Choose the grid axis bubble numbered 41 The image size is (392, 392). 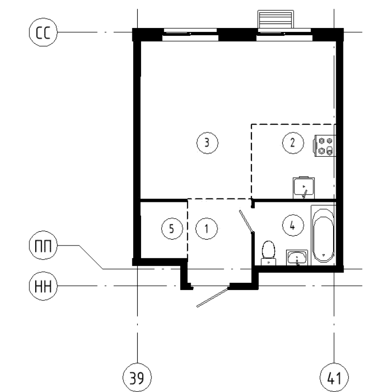click(333, 378)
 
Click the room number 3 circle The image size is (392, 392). click(206, 143)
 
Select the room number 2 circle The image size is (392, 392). click(292, 143)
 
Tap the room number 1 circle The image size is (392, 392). click(206, 228)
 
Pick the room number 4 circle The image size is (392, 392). click(292, 225)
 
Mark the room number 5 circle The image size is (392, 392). click(171, 228)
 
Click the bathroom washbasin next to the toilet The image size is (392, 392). click(297, 257)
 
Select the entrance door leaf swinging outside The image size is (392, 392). click(213, 298)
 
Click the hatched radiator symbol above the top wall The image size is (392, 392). click(276, 20)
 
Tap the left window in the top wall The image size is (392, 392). click(190, 34)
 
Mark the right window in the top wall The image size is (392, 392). click(284, 34)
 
